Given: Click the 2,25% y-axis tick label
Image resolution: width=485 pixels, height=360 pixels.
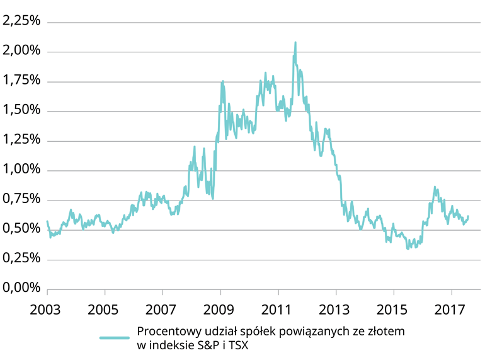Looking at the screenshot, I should [x=21, y=21].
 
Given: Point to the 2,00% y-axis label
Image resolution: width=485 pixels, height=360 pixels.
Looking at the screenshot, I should [x=21, y=51].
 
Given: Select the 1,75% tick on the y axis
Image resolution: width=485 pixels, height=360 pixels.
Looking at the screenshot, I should [x=21, y=81].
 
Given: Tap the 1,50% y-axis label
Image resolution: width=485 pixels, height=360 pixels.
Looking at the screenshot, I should [x=21, y=110].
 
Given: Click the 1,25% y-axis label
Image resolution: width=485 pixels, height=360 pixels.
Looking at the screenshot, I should [x=21, y=140].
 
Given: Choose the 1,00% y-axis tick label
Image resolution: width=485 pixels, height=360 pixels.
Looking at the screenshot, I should [x=21, y=170].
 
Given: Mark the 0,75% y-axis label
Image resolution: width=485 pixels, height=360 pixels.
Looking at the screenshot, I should [x=21, y=199].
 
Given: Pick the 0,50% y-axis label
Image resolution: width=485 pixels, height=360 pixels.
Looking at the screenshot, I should [x=21, y=229].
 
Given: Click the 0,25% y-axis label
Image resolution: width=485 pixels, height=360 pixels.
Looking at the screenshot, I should [x=21, y=258].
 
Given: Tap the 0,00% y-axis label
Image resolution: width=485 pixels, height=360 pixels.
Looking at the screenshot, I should [x=21, y=288].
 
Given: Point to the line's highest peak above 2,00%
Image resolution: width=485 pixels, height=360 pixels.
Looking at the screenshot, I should [x=295, y=43].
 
